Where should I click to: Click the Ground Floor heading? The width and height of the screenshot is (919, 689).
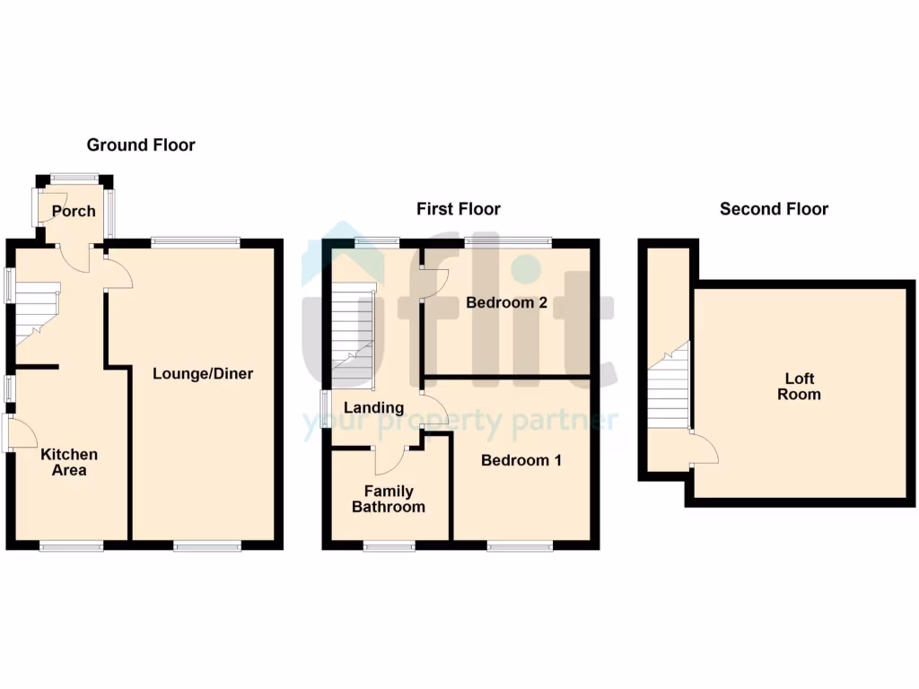(x=141, y=144)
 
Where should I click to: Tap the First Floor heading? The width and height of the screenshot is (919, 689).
(x=458, y=209)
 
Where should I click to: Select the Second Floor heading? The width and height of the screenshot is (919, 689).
(x=774, y=209)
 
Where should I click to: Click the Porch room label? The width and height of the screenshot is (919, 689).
(x=74, y=212)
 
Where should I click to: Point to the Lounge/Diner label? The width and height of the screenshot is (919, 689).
(x=203, y=373)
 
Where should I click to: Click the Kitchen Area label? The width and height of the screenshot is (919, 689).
(x=69, y=462)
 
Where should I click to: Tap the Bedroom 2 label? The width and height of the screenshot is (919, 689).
(x=506, y=302)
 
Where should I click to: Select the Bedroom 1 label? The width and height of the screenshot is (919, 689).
(x=521, y=460)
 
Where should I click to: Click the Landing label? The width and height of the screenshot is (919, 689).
(x=374, y=407)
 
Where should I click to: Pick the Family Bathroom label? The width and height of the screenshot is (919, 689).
(x=388, y=499)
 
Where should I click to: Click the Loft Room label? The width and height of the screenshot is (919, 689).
(x=799, y=387)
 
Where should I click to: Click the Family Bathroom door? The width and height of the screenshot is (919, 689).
(x=389, y=459)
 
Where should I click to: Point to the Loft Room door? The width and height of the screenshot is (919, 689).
(x=705, y=449)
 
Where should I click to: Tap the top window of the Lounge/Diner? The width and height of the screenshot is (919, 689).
(x=196, y=240)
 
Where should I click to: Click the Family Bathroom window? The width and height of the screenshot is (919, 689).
(x=389, y=545)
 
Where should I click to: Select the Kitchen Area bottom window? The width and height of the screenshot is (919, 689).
(x=71, y=545)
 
